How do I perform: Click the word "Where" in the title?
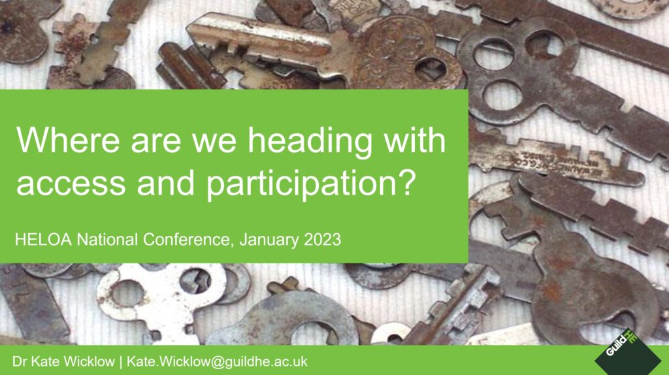pos(68,140)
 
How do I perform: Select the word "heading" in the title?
pos(310,142)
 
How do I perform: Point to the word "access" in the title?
pos(71,184)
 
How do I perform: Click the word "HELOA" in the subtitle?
pos(43,239)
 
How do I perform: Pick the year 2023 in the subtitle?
pos(322,239)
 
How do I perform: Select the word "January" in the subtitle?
pos(269,240)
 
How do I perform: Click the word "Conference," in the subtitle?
pos(189,240)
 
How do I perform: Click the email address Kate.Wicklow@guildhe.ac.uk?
pos(217,362)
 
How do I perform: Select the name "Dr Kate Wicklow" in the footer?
pos(63,362)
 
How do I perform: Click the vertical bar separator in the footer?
pos(121,362)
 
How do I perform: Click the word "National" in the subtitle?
pos(107,239)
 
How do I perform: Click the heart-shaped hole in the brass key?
pos(431,69)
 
